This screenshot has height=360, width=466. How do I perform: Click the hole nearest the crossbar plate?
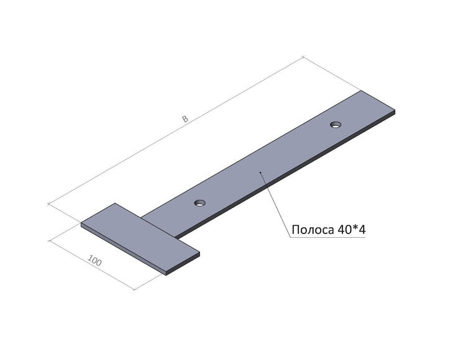coord(200,204)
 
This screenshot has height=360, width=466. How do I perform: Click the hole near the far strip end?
coord(336,124)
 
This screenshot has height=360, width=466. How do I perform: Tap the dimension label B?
coord(185,119)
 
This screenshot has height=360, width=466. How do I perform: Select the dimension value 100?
coord(95,260)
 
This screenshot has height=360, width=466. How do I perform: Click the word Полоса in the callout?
coord(313,230)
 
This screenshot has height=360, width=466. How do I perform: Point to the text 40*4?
coord(351,230)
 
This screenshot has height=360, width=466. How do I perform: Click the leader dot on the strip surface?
coord(260,172)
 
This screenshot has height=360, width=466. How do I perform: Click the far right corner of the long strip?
coord(395,110)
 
